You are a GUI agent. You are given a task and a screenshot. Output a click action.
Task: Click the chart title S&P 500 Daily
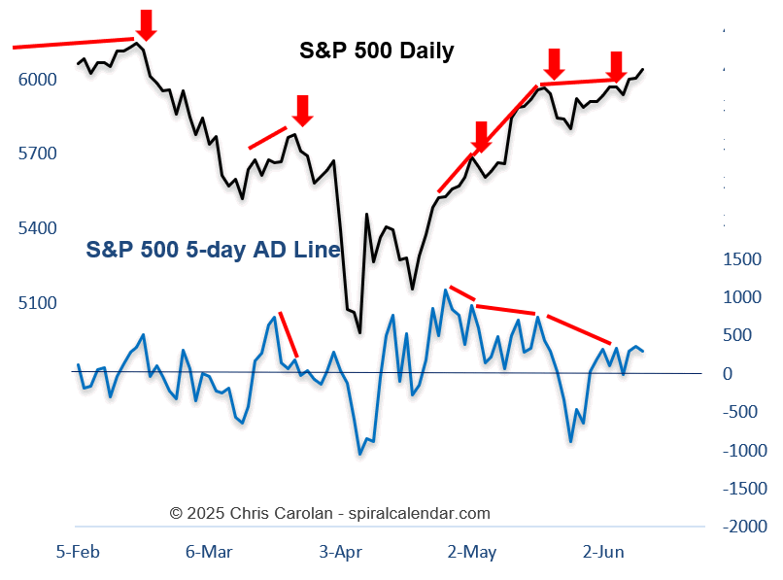[376, 51]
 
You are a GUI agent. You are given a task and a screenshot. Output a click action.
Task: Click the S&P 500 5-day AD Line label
[213, 250]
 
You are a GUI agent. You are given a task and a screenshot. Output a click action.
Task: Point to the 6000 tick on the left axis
[38, 79]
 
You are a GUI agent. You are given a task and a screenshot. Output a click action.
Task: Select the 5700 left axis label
[38, 154]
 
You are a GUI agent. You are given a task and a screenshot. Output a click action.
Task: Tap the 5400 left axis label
[38, 228]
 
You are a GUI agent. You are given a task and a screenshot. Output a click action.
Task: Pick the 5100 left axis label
[38, 303]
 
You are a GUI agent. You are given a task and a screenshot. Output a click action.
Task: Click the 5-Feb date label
[78, 552]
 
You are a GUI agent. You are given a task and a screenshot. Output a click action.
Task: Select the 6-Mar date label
[209, 552]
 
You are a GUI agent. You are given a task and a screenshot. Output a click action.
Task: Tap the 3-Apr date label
[340, 552]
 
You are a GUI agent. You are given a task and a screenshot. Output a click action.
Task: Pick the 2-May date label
[472, 552]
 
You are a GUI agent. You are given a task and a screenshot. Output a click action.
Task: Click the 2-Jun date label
[603, 552]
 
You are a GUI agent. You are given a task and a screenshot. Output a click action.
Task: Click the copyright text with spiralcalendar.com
[330, 513]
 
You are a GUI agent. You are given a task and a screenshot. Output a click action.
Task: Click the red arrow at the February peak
[146, 24]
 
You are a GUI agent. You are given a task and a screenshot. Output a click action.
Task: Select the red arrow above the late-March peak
[302, 110]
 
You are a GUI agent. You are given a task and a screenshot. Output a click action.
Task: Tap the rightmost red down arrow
[616, 65]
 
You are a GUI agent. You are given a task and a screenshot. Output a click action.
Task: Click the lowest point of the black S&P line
[359, 332]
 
